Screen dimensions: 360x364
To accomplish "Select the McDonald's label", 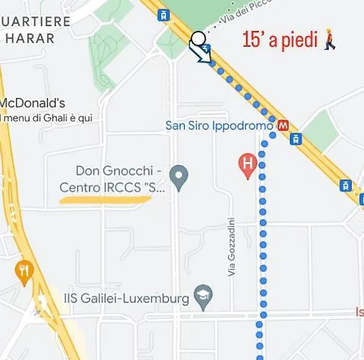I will [x=34, y=103].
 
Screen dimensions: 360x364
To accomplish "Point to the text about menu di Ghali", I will [x=47, y=117].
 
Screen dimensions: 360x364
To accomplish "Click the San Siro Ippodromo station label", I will [x=219, y=125].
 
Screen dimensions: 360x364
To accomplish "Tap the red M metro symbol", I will [x=283, y=125].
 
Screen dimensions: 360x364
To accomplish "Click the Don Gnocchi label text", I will [x=119, y=171].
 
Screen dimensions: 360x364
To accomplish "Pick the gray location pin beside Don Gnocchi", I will [x=178, y=175].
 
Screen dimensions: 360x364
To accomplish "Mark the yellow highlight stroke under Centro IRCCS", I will [x=104, y=197].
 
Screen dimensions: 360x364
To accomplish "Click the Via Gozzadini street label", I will [x=232, y=246].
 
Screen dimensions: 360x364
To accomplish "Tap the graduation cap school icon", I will [x=204, y=298].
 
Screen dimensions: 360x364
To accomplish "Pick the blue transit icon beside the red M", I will [x=295, y=138].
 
